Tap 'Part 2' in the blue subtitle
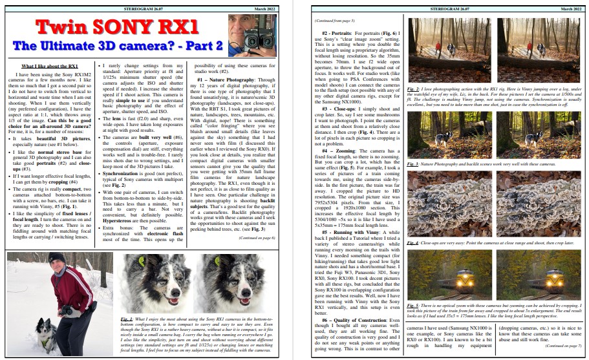pyautogui.click(x=198, y=47)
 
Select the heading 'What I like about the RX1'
pyautogui.click(x=50, y=67)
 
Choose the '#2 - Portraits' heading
pyautogui.click(x=340, y=31)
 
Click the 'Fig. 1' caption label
pyautogui.click(x=127, y=319)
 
